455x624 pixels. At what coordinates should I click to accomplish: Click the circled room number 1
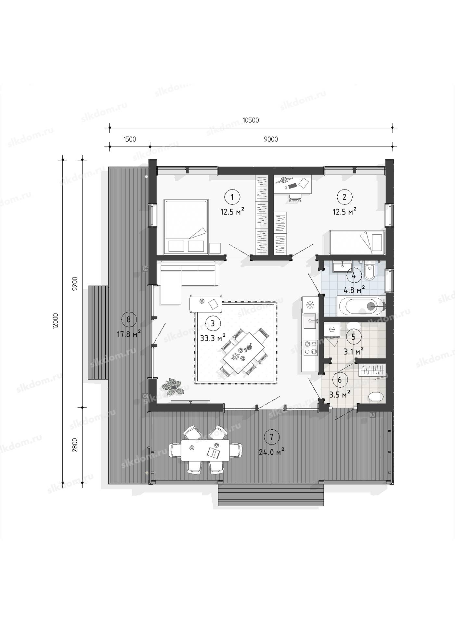tap(232, 197)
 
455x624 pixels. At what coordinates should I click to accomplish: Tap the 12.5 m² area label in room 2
tap(344, 212)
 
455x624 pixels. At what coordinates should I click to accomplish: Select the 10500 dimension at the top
tap(251, 120)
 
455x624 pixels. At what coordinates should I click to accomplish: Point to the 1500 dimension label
tap(129, 139)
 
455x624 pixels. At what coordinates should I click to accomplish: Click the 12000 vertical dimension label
tap(56, 321)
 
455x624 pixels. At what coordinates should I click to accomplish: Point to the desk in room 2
tap(292, 184)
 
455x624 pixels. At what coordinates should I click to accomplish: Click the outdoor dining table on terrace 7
tap(205, 450)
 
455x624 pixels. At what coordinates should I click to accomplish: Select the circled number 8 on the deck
tap(128, 319)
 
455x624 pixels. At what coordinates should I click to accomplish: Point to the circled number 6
tap(340, 380)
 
